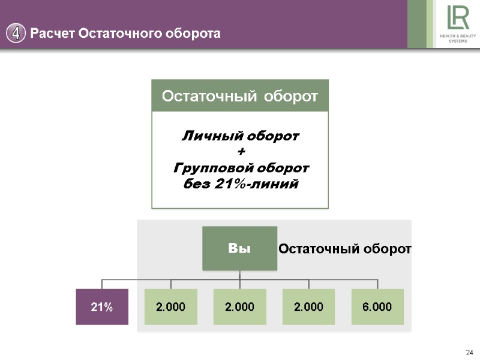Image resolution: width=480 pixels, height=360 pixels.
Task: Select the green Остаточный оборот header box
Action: pos(240,96)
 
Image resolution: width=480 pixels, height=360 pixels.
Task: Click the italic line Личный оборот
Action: pos(240,136)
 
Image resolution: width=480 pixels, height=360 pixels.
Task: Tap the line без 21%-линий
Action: pos(240,184)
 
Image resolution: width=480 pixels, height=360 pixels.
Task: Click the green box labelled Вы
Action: pos(240,248)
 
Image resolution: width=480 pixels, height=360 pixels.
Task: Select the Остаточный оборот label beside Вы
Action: pos(344,248)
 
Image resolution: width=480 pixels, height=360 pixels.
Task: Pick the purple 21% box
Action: pos(102,307)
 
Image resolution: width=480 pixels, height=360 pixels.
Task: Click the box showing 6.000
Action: pos(377,307)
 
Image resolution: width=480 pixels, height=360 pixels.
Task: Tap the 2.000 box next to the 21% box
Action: pos(171,307)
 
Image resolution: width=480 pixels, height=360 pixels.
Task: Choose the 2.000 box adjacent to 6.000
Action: pos(309,307)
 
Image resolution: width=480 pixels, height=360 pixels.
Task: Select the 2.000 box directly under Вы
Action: pos(240,307)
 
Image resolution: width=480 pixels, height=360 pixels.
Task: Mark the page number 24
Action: pos(469,352)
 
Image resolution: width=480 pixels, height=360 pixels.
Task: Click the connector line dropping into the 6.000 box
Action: pos(378,284)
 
